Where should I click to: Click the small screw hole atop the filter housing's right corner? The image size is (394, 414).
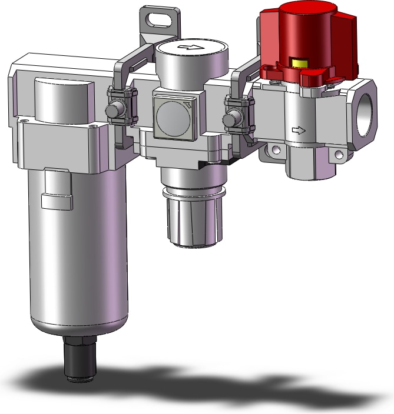click(94, 125)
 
